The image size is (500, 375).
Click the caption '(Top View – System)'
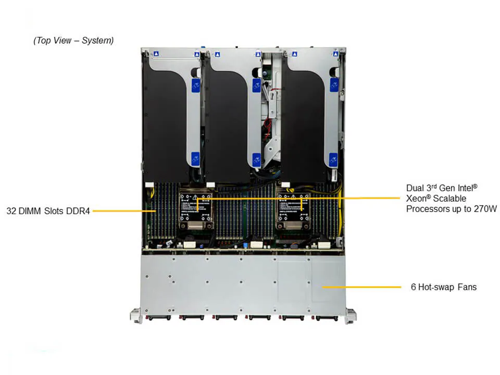point(73,41)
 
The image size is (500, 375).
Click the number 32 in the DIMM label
point(11,211)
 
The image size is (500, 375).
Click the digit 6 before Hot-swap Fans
point(413,287)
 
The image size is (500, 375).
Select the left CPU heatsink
point(196,210)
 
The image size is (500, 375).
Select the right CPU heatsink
point(293,210)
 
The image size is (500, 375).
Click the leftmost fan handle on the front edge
point(158,318)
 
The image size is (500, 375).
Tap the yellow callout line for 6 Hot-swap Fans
point(361,287)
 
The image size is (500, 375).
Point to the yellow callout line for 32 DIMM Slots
point(124,211)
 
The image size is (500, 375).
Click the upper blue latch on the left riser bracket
point(196,85)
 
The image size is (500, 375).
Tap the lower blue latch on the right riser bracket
point(333,159)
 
